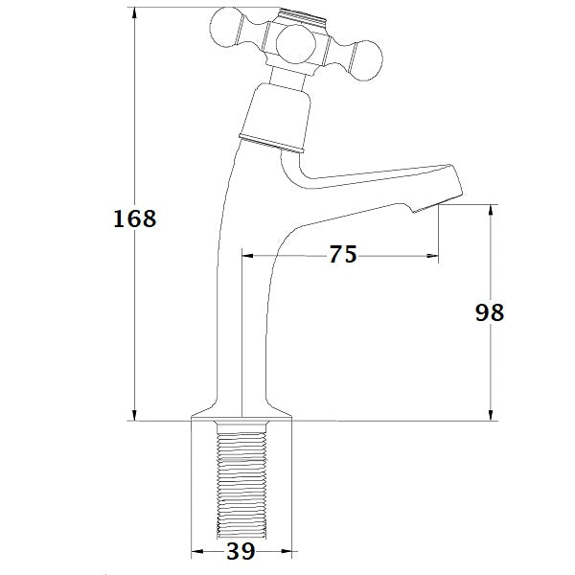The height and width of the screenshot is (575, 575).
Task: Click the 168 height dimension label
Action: [x=134, y=218]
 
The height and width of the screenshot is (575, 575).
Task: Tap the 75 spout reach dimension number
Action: [x=342, y=255]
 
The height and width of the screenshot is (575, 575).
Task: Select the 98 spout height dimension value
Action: [x=489, y=313]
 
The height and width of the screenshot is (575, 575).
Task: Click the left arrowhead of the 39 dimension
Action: [x=197, y=551]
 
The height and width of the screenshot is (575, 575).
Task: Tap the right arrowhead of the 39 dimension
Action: [x=287, y=551]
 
